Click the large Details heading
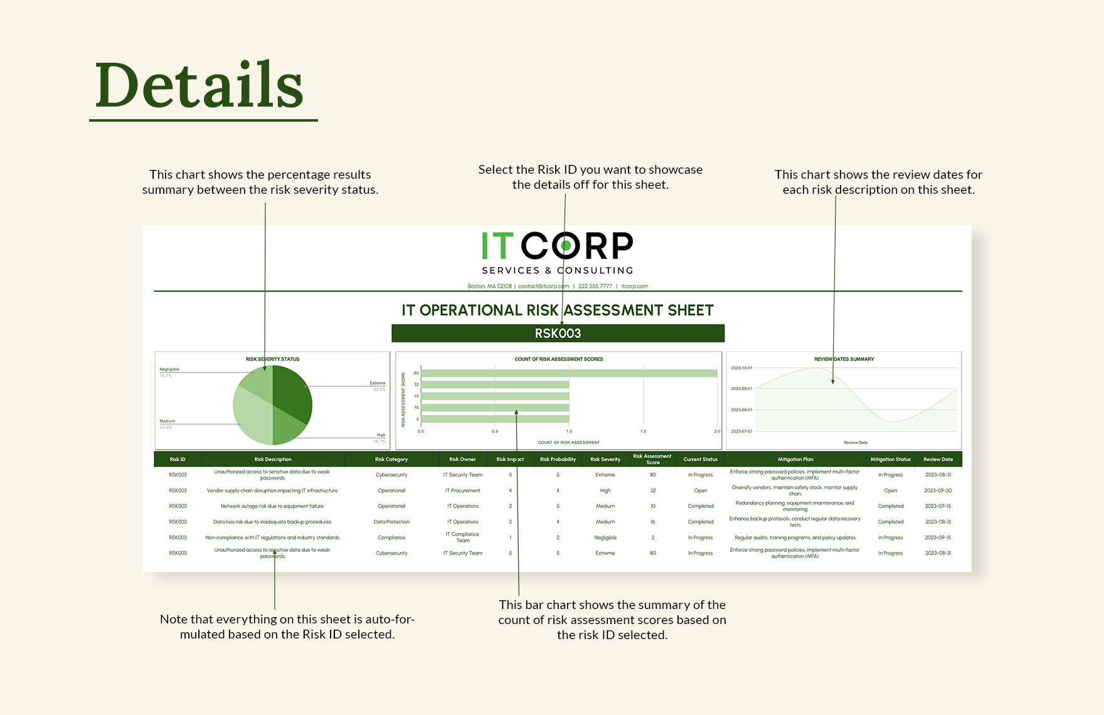tap(199, 85)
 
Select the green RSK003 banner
tap(558, 334)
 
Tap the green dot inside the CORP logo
tap(566, 246)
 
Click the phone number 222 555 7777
tap(595, 287)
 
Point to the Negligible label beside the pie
tap(169, 369)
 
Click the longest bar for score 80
tap(569, 373)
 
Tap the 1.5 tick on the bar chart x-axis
tap(643, 432)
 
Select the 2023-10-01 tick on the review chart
tap(741, 368)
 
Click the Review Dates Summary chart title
tap(844, 359)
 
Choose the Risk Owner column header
tap(462, 460)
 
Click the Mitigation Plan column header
tap(795, 460)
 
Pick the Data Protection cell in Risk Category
tap(391, 522)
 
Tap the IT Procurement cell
tap(462, 490)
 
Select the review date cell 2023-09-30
tap(938, 490)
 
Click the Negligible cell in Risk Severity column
tap(605, 538)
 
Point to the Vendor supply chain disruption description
tap(272, 490)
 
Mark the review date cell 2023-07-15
tap(938, 506)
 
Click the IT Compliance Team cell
tap(462, 538)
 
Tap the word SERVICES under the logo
tap(511, 270)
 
